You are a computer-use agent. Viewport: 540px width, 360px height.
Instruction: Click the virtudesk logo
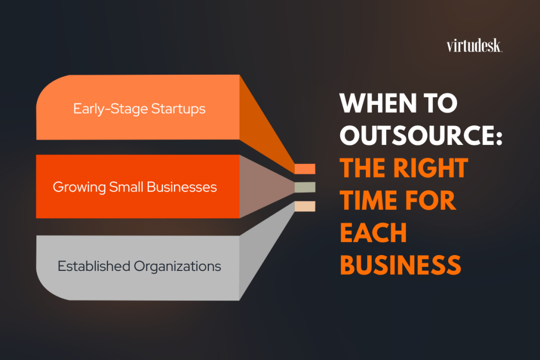474,46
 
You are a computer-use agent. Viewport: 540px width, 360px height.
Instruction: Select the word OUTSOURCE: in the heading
421,135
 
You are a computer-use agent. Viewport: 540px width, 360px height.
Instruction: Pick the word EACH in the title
373,232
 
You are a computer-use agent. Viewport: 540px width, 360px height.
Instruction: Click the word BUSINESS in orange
400,265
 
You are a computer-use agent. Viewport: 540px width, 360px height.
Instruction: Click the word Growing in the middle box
79,188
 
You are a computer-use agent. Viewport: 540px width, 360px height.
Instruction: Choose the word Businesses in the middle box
181,187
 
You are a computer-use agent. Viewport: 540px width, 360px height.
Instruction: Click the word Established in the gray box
94,266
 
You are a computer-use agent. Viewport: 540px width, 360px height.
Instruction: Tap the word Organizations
177,267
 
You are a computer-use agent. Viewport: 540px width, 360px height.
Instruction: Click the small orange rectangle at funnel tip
305,169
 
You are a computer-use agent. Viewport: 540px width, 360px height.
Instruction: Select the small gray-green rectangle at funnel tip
305,187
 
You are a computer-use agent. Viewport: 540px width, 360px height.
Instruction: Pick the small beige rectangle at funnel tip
305,206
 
